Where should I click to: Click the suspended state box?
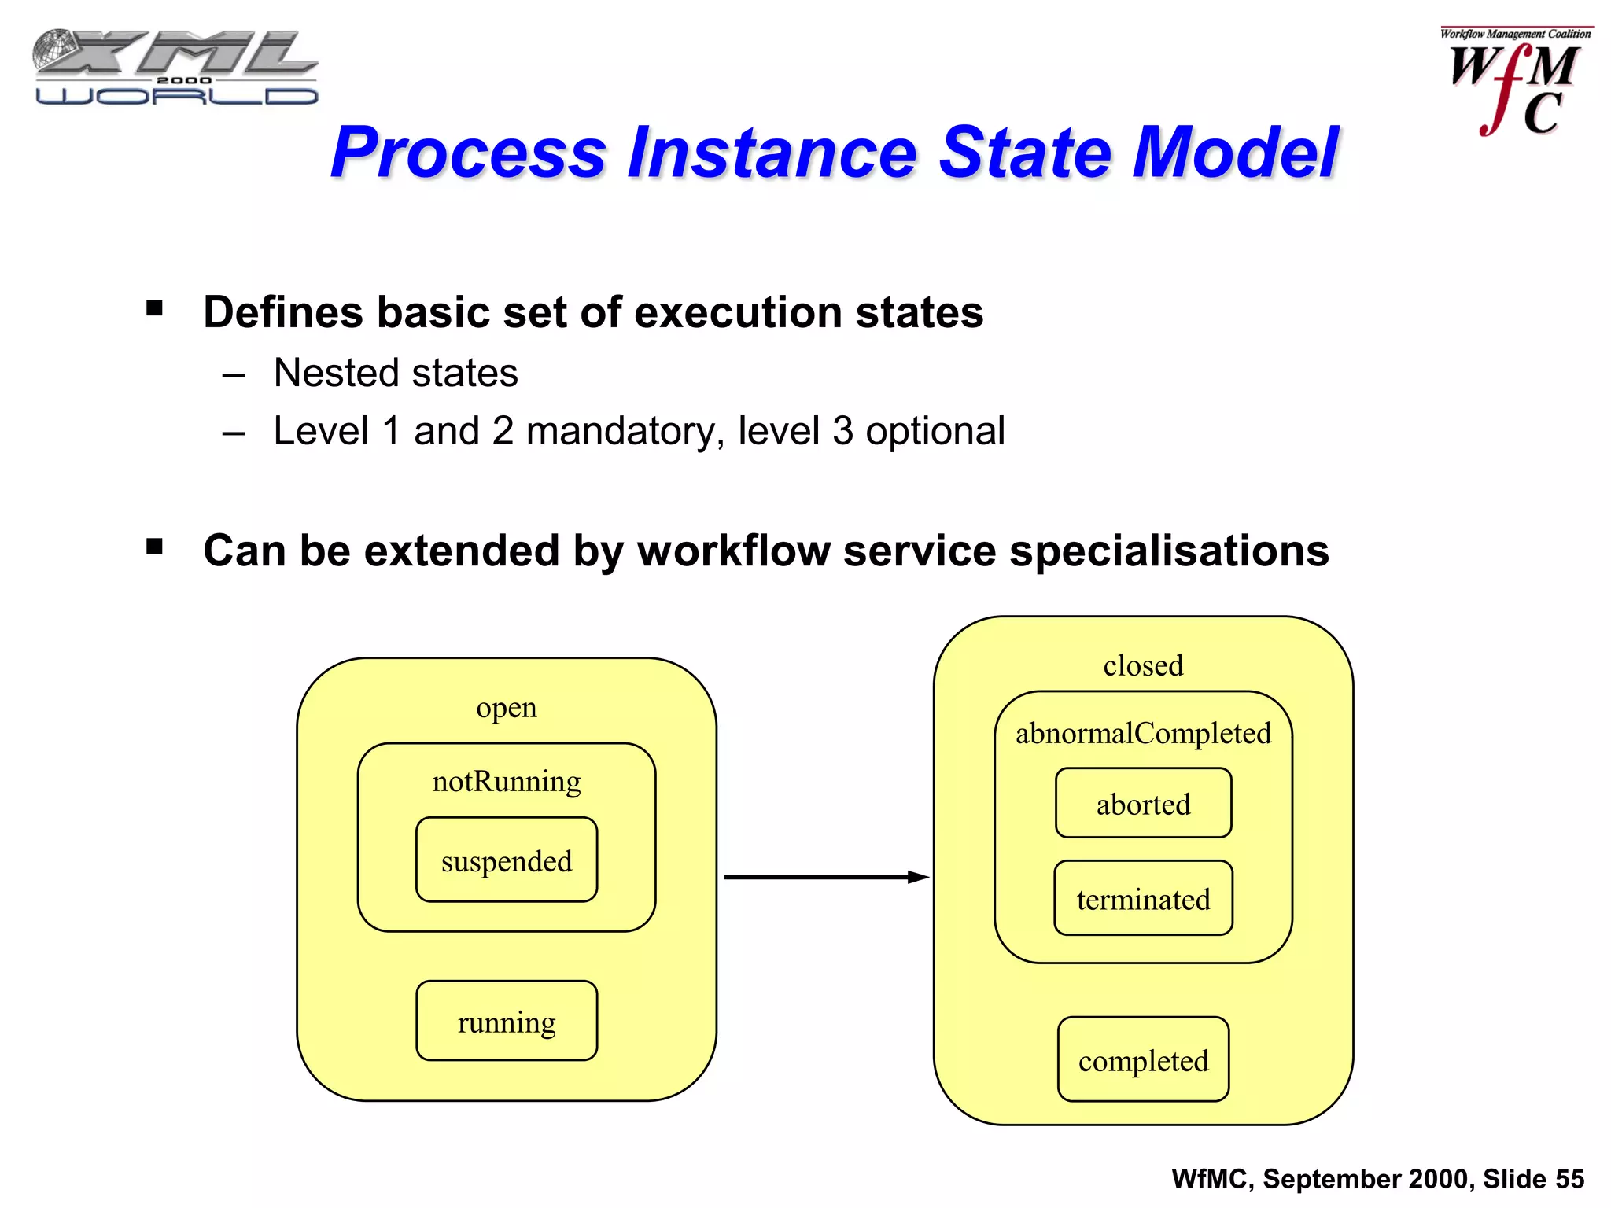507,860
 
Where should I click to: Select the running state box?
507,1021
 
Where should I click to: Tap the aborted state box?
1143,803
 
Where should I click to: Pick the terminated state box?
1143,898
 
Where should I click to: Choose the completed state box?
1143,1059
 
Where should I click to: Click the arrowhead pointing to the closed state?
919,877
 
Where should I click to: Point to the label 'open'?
507,707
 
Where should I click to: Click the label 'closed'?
1143,665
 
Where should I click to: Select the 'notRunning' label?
507,781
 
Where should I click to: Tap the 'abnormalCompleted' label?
1143,733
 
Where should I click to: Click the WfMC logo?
1514,83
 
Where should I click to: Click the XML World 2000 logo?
175,68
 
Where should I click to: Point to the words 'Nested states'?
396,373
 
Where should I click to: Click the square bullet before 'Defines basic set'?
154,308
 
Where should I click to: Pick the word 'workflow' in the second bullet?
733,551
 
